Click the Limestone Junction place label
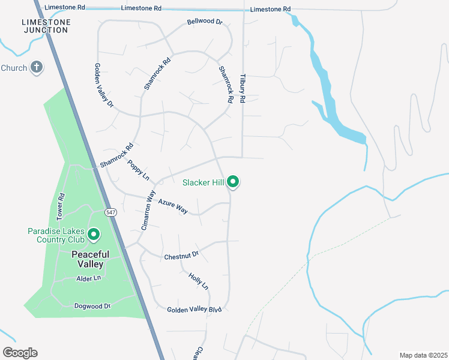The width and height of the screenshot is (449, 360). click(x=46, y=26)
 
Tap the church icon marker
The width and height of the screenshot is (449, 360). click(x=37, y=67)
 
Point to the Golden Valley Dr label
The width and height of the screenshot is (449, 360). click(x=103, y=86)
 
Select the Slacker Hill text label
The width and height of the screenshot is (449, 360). click(x=203, y=182)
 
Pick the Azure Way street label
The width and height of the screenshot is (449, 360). click(x=173, y=206)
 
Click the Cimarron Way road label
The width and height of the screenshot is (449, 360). click(x=148, y=210)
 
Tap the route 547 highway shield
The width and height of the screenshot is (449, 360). click(x=110, y=212)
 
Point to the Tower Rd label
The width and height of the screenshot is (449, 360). click(x=60, y=205)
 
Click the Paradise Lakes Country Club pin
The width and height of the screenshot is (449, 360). click(x=94, y=235)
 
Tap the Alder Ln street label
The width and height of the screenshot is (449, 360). click(x=88, y=278)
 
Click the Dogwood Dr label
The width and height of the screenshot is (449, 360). click(x=92, y=306)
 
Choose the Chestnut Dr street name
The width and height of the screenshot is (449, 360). click(x=181, y=256)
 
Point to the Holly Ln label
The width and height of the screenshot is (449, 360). click(x=198, y=282)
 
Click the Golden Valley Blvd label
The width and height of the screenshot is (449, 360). click(x=194, y=309)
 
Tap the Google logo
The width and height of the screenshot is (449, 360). click(x=20, y=353)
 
